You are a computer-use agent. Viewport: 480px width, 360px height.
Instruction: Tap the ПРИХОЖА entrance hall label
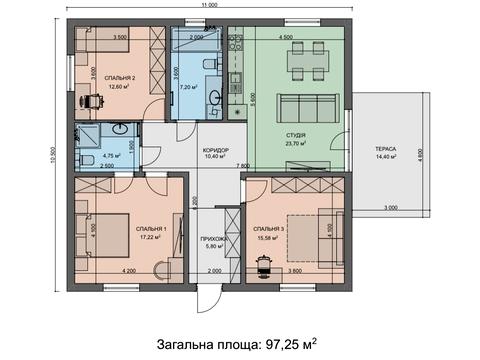[x=216, y=239]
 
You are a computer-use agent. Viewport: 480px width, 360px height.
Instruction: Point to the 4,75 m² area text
[x=111, y=155]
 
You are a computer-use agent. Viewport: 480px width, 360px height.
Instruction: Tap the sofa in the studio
[x=297, y=106]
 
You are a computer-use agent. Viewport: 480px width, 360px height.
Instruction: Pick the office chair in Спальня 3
[x=266, y=263]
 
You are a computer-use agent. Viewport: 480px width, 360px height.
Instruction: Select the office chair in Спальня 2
[x=90, y=100]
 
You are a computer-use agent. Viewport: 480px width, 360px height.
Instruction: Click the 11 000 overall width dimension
[x=209, y=6]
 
